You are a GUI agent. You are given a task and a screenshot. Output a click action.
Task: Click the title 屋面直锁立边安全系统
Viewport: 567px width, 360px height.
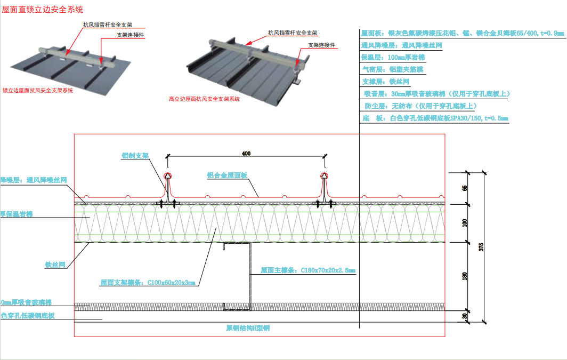(43, 10)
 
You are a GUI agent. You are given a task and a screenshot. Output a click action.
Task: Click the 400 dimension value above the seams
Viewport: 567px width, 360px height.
(246, 153)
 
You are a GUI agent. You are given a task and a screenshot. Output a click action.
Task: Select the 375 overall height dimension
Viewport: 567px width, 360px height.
(481, 246)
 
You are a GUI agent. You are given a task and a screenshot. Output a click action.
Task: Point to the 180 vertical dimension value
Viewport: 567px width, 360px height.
(465, 276)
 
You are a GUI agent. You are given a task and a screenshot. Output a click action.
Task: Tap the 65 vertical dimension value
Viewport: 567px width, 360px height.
(465, 188)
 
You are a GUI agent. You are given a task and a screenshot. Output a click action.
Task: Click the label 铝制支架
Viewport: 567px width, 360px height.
(135, 156)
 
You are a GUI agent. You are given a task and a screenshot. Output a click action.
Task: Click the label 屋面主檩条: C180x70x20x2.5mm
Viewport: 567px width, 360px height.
(307, 270)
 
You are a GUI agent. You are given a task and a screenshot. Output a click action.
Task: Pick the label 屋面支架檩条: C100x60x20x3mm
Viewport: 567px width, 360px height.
(148, 283)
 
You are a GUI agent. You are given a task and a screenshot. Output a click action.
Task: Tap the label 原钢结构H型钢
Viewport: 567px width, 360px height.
(248, 328)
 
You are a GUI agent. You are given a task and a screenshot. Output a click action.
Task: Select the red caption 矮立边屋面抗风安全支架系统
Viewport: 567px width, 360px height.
(38, 90)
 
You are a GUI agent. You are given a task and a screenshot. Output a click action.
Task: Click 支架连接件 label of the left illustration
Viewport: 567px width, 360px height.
(130, 35)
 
